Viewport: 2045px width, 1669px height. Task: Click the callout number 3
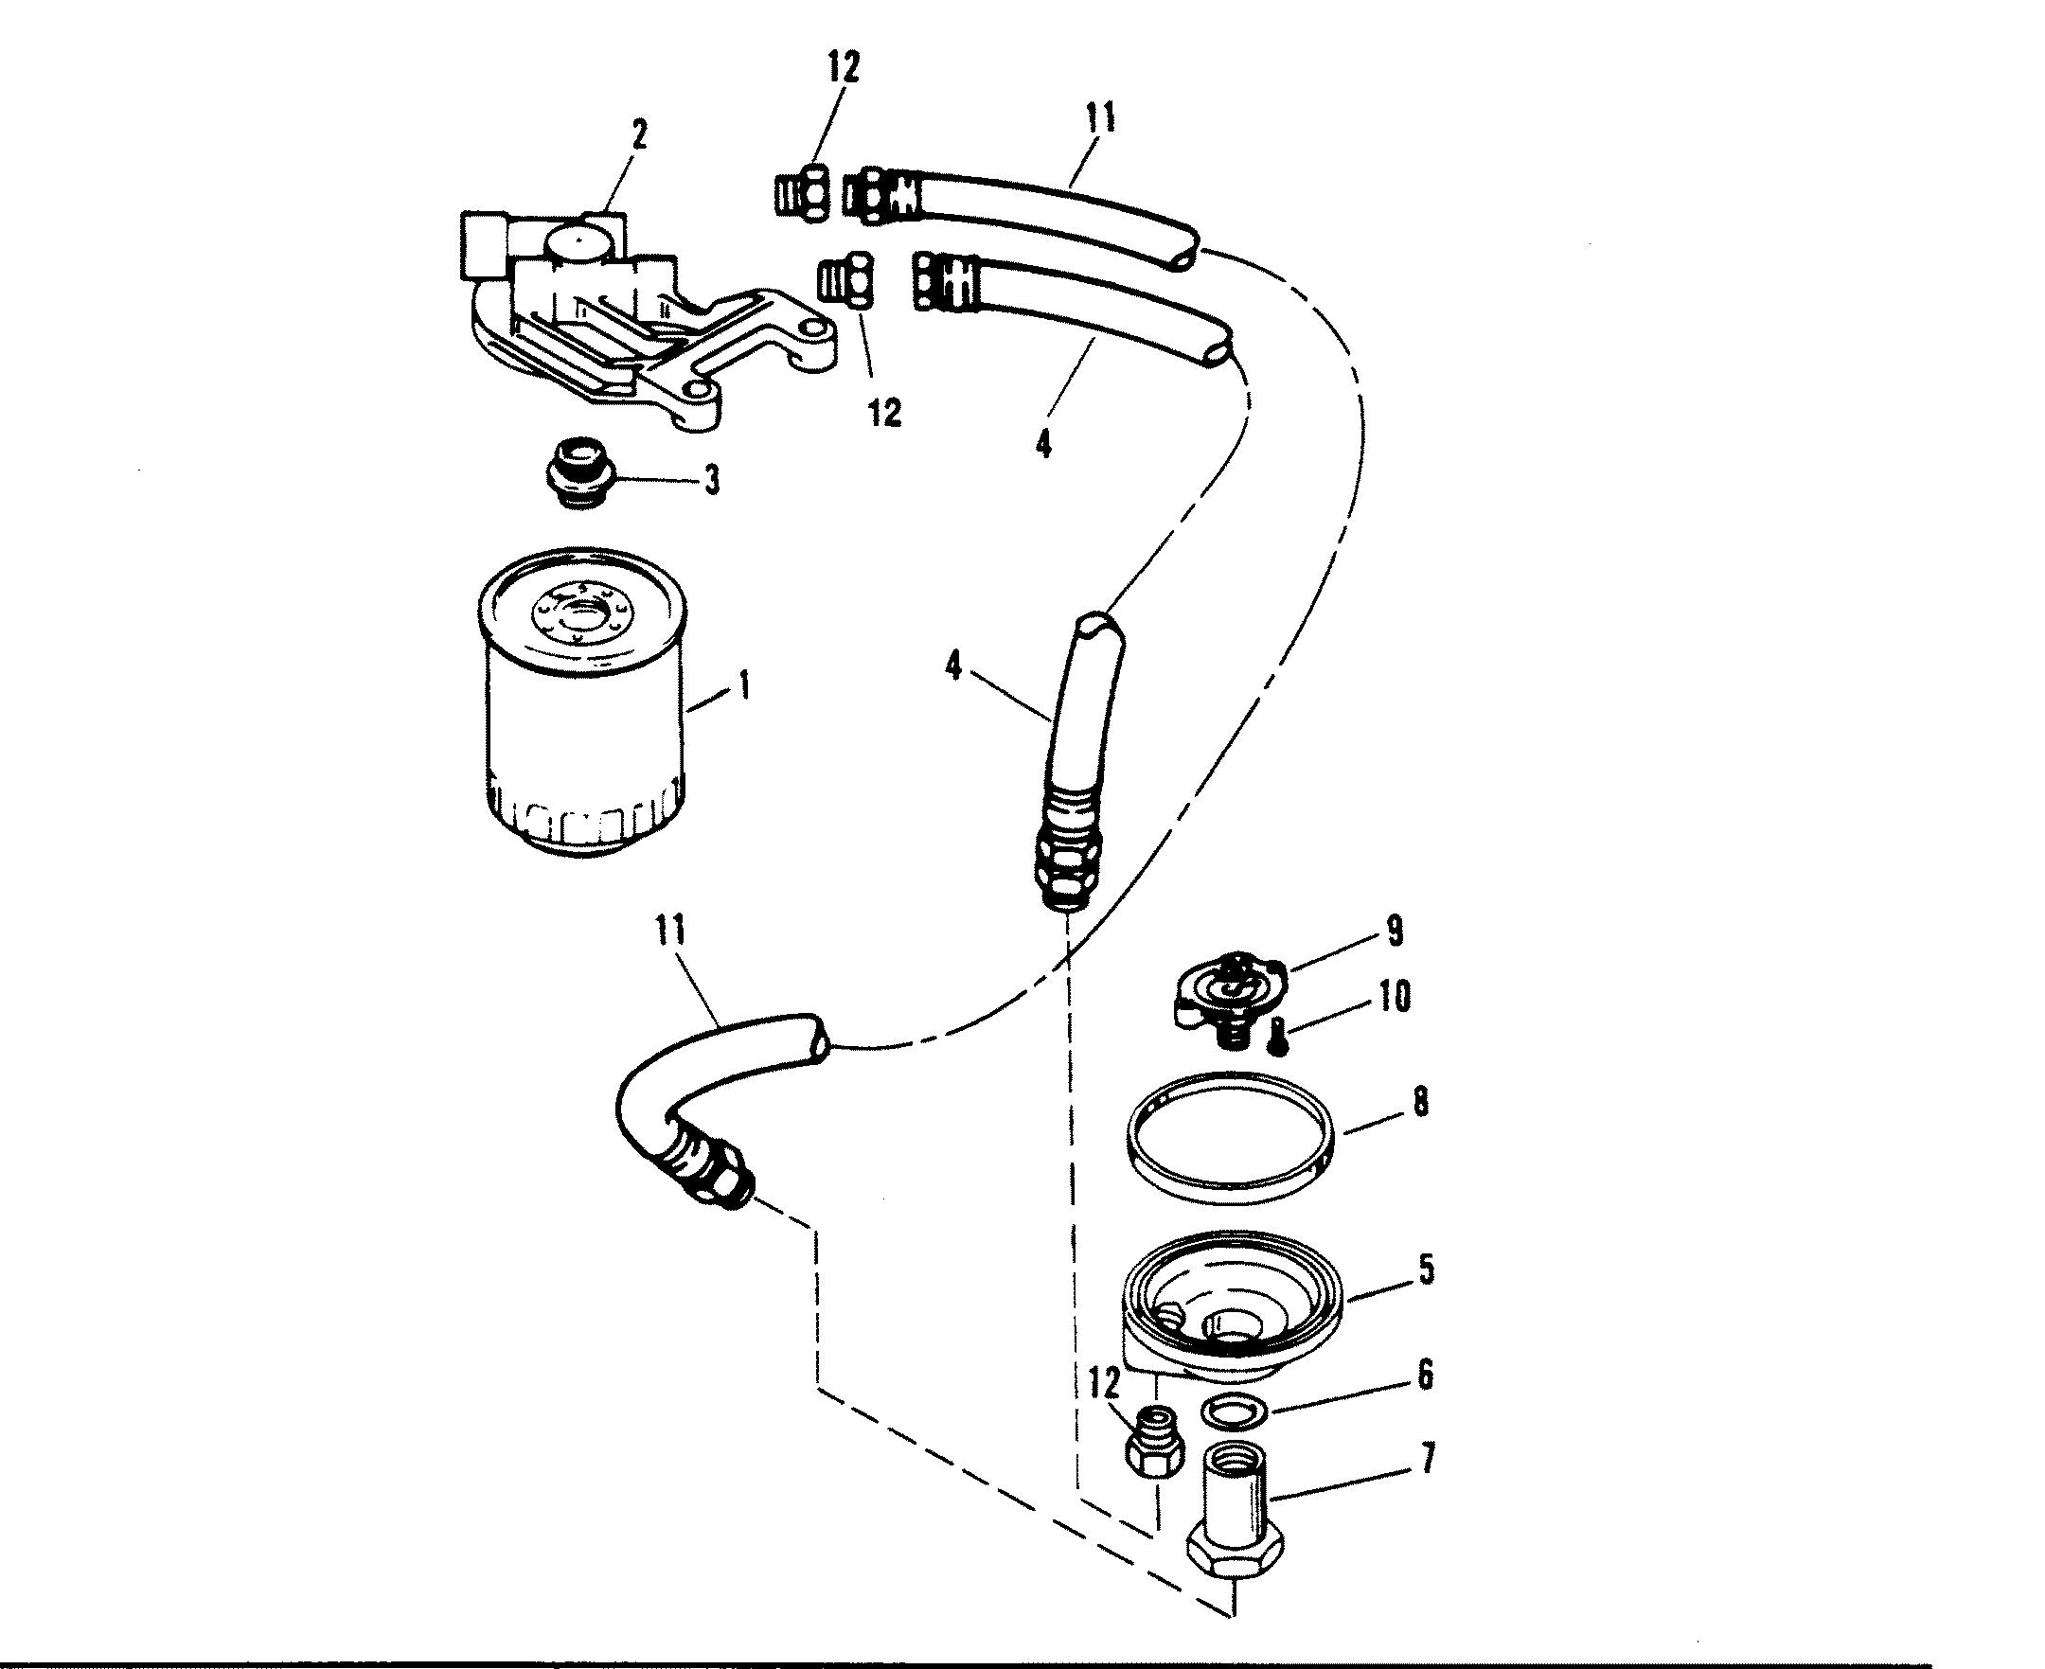(711, 481)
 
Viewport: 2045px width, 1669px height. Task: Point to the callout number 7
(1427, 1462)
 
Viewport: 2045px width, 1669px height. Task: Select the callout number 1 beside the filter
(742, 688)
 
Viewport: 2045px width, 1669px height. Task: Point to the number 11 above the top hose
(1100, 118)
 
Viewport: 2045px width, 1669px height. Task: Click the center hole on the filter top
(583, 611)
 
